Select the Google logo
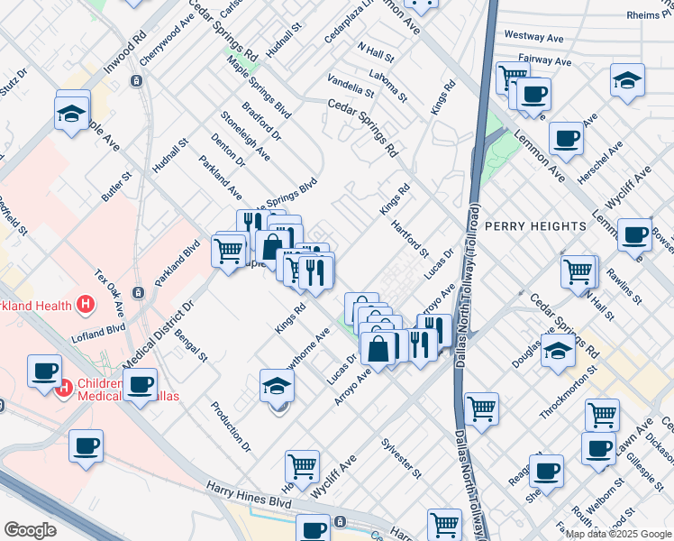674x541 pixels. (x=31, y=529)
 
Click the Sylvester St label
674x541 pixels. (x=401, y=458)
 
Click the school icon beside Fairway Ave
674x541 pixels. (x=627, y=81)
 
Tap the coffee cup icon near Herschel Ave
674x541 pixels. (x=566, y=139)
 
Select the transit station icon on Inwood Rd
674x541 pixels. (x=136, y=81)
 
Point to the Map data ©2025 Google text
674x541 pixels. (x=617, y=534)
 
